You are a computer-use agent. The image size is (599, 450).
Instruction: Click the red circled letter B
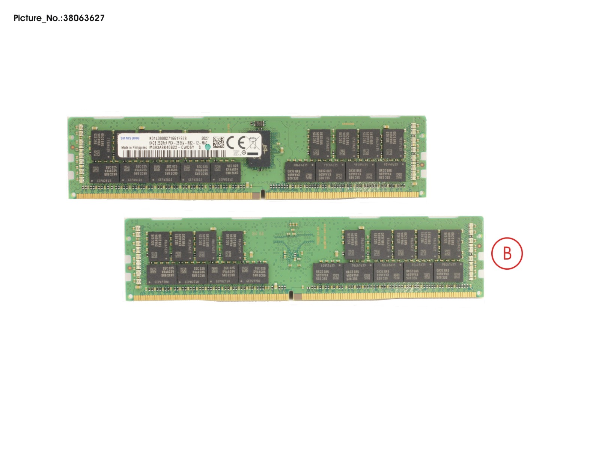pos(507,253)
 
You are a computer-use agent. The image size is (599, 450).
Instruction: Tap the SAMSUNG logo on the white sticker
pos(130,139)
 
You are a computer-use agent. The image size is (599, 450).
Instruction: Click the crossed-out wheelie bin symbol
pos(252,143)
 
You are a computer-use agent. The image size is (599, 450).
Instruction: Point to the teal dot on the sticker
pos(208,147)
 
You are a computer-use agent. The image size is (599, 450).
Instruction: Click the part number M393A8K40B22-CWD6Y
pos(172,148)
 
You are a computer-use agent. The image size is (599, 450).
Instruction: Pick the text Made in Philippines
pos(134,148)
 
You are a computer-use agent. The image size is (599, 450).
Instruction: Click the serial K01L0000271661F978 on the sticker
pos(168,138)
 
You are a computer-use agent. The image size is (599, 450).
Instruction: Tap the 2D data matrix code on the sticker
pos(218,142)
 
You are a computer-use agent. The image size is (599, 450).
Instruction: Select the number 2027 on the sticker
pos(205,138)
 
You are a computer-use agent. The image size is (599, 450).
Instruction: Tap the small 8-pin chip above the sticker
pos(257,124)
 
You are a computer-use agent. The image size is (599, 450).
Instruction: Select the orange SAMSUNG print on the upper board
pos(348,124)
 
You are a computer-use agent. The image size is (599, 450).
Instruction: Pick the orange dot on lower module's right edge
pos(479,246)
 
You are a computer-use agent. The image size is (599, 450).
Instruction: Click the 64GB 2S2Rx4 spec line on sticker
pos(178,143)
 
